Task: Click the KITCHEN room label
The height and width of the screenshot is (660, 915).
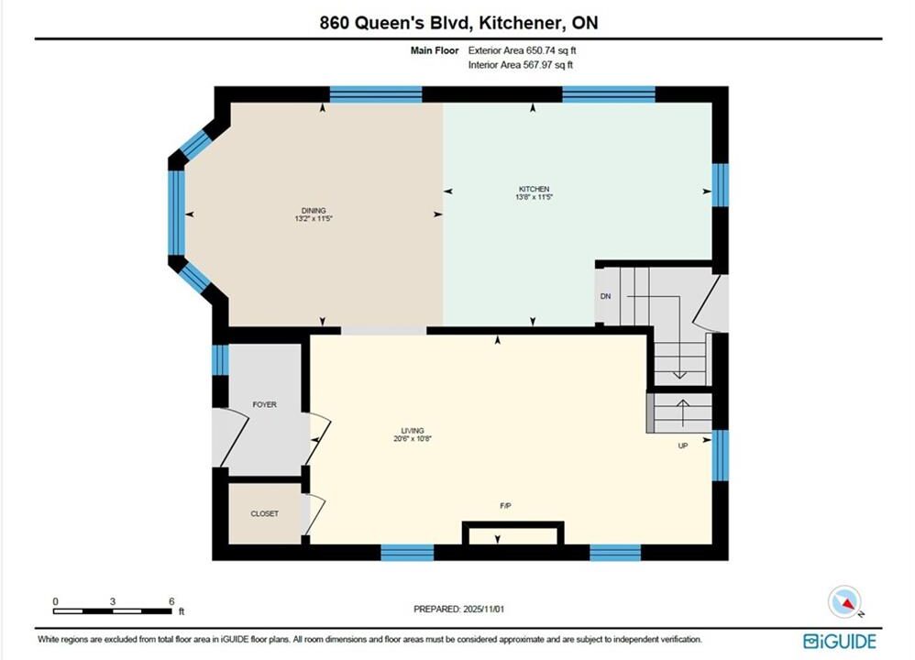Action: [x=534, y=189]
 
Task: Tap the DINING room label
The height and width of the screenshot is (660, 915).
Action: [x=314, y=211]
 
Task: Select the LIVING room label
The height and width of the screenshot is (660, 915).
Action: [x=413, y=431]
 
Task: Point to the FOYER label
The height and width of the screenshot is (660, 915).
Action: [x=264, y=404]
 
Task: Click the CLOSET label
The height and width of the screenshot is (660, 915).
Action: [x=264, y=513]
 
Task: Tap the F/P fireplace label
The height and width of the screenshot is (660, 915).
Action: [x=506, y=506]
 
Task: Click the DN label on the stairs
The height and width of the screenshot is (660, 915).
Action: [x=606, y=296]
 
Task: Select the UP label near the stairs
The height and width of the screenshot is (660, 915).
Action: [x=683, y=445]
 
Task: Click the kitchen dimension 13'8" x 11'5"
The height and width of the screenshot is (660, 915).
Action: [x=534, y=197]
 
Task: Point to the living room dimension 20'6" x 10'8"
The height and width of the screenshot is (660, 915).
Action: [x=413, y=439]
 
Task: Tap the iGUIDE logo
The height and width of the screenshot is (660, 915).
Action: [x=840, y=642]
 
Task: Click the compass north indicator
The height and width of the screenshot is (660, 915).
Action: [x=844, y=601]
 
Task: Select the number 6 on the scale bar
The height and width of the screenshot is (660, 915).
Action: [x=171, y=601]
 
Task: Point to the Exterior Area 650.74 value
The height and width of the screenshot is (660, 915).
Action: [x=551, y=50]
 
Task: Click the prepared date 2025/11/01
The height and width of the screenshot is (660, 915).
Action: [x=484, y=610]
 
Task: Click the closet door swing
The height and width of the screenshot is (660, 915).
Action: [x=314, y=513]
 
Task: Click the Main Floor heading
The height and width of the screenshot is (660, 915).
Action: [x=435, y=50]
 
